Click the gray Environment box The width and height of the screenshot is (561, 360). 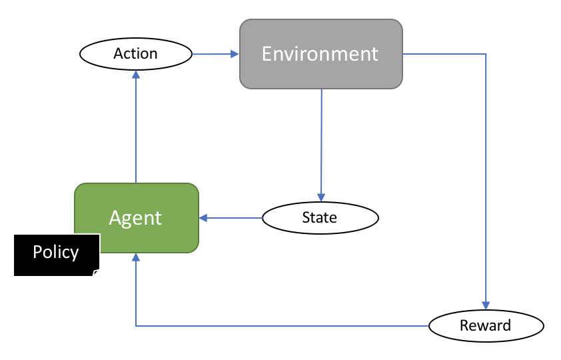coord(321,54)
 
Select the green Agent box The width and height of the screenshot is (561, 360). coord(136,218)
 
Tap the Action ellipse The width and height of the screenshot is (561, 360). coord(135,53)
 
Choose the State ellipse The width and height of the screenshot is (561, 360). coord(320,218)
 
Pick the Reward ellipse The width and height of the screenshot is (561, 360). coord(486,326)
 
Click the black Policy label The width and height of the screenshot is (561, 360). coord(56,253)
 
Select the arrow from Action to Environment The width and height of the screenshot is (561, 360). coord(215,53)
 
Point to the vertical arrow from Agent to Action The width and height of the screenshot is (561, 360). coord(136,127)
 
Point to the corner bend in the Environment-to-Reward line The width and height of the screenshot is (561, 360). coord(486,54)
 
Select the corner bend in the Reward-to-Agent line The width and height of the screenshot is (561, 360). coord(136,326)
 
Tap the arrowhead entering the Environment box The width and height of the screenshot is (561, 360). coord(235,53)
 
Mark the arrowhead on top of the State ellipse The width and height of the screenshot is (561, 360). coord(321,198)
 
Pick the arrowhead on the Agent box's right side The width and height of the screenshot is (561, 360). coord(204,218)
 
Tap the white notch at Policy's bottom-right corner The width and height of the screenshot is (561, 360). coord(97,273)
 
